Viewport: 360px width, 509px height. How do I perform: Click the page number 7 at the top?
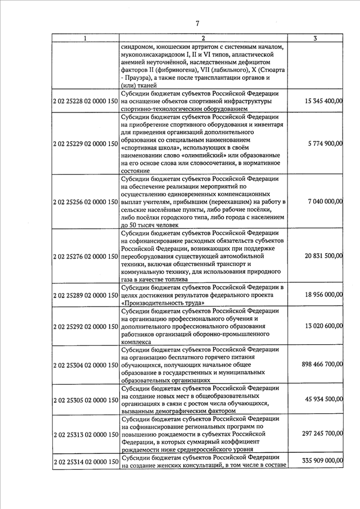pyautogui.click(x=197, y=23)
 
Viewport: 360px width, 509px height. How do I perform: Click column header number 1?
pyautogui.click(x=84, y=38)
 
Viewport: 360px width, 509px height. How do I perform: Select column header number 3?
pyautogui.click(x=316, y=38)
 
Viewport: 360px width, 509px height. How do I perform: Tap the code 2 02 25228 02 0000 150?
pyautogui.click(x=84, y=101)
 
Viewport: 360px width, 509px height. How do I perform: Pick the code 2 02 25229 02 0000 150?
pyautogui.click(x=84, y=143)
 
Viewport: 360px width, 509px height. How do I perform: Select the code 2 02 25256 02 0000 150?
pyautogui.click(x=84, y=201)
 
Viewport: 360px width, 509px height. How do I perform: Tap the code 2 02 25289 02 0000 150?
pyautogui.click(x=84, y=295)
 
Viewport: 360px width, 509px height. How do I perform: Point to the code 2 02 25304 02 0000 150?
pyautogui.click(x=84, y=364)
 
